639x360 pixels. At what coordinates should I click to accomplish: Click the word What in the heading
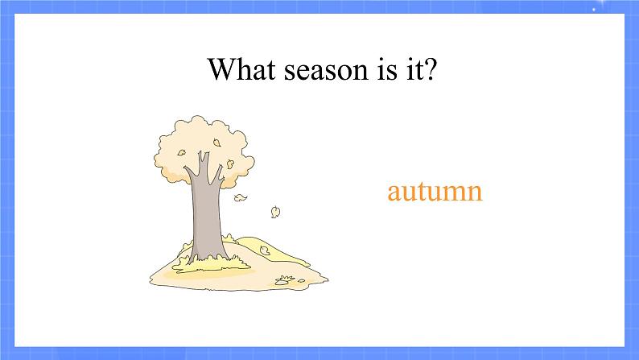click(241, 68)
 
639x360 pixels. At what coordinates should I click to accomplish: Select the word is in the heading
click(387, 69)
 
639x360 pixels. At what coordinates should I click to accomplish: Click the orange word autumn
click(435, 191)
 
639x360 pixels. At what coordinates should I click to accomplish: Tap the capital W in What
click(223, 68)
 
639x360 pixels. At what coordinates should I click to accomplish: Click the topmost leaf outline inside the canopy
click(216, 143)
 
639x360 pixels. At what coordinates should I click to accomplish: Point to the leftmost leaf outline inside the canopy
click(181, 153)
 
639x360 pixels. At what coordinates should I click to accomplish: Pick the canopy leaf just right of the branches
click(230, 163)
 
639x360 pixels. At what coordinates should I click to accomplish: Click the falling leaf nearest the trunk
click(240, 198)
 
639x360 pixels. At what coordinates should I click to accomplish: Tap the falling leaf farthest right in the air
click(275, 212)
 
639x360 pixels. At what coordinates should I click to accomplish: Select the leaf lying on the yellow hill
click(265, 250)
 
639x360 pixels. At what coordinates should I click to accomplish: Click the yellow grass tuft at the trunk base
click(212, 263)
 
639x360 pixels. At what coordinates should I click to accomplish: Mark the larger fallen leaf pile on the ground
click(284, 280)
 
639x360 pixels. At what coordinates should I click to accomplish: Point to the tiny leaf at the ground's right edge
click(301, 280)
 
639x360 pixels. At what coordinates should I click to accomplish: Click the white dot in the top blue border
click(594, 9)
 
